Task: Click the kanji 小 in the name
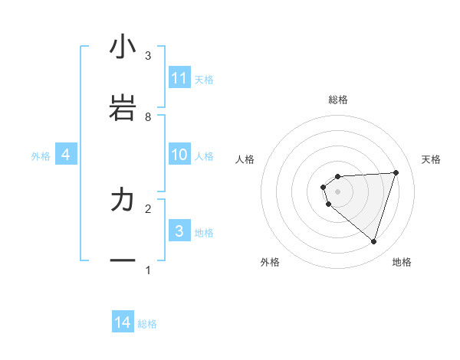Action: pos(123,47)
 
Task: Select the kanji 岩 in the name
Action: pos(123,108)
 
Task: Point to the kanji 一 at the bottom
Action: pos(123,261)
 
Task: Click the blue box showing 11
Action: pos(179,78)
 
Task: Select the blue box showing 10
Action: pos(179,155)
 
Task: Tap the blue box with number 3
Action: pos(179,231)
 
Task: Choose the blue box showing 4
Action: pos(66,155)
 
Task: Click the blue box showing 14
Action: pos(123,322)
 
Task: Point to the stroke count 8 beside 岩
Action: pos(148,116)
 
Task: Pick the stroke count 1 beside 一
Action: pos(148,270)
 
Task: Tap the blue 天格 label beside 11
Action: pos(204,79)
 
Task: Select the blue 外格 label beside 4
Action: pos(41,155)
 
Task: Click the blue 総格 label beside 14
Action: pos(147,324)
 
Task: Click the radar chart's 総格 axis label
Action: pos(338,100)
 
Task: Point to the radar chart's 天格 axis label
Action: pos(432,159)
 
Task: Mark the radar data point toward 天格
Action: pos(396,172)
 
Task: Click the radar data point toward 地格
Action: pos(373,241)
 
